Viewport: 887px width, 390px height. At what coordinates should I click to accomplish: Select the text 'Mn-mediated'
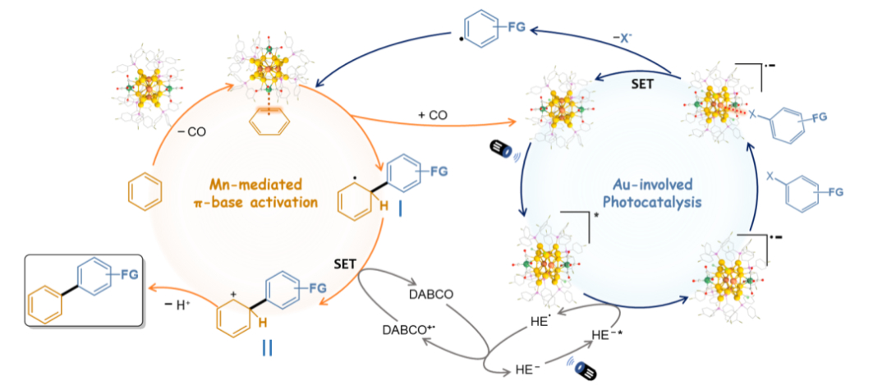(254, 185)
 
